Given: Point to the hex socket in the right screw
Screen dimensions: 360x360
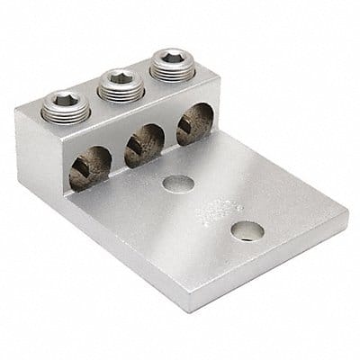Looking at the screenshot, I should click(x=168, y=60).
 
